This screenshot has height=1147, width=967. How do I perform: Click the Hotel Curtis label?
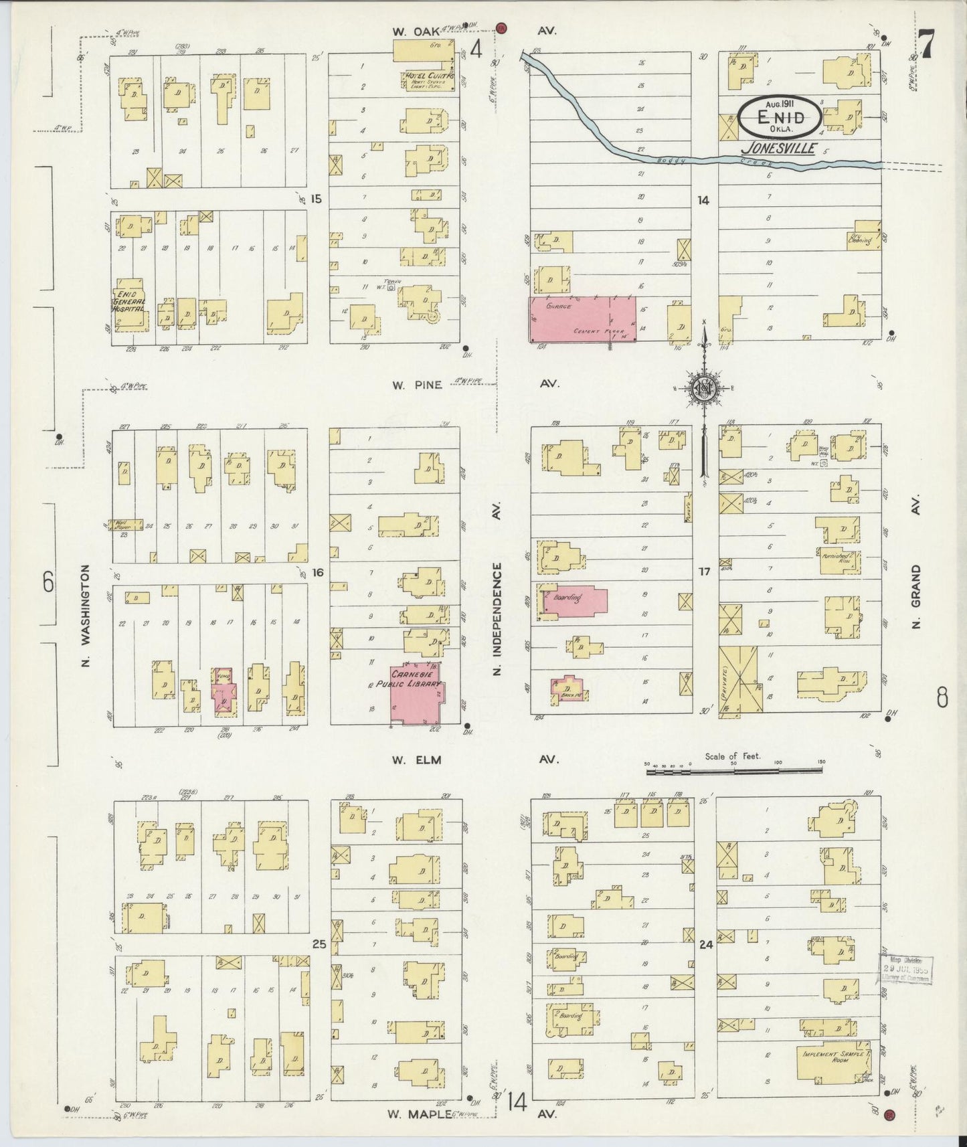(428, 77)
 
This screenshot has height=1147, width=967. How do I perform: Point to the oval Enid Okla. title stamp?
(780, 117)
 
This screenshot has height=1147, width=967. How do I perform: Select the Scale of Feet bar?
(734, 771)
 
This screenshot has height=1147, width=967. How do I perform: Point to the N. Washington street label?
(86, 616)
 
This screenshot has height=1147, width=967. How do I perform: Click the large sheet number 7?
(926, 46)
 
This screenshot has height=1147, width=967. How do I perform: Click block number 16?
(317, 572)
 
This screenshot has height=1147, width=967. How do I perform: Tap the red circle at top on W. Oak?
(501, 28)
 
